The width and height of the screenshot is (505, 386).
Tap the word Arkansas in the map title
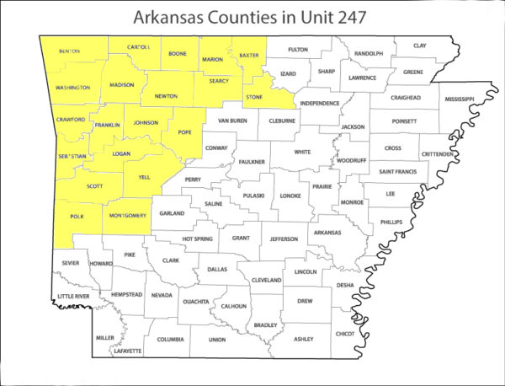(178, 19)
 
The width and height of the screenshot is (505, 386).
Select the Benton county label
(70, 51)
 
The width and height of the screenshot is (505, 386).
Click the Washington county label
(72, 88)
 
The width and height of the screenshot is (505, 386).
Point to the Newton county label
(165, 96)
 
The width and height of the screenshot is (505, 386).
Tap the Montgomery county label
(129, 216)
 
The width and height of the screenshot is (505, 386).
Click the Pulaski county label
(253, 196)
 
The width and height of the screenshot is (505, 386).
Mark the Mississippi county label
(460, 99)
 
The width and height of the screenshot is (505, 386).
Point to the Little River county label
(72, 297)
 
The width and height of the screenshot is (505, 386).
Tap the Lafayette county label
(129, 349)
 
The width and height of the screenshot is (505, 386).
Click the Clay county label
(419, 46)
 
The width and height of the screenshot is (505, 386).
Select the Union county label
(217, 340)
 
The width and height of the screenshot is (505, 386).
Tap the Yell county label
(143, 178)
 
